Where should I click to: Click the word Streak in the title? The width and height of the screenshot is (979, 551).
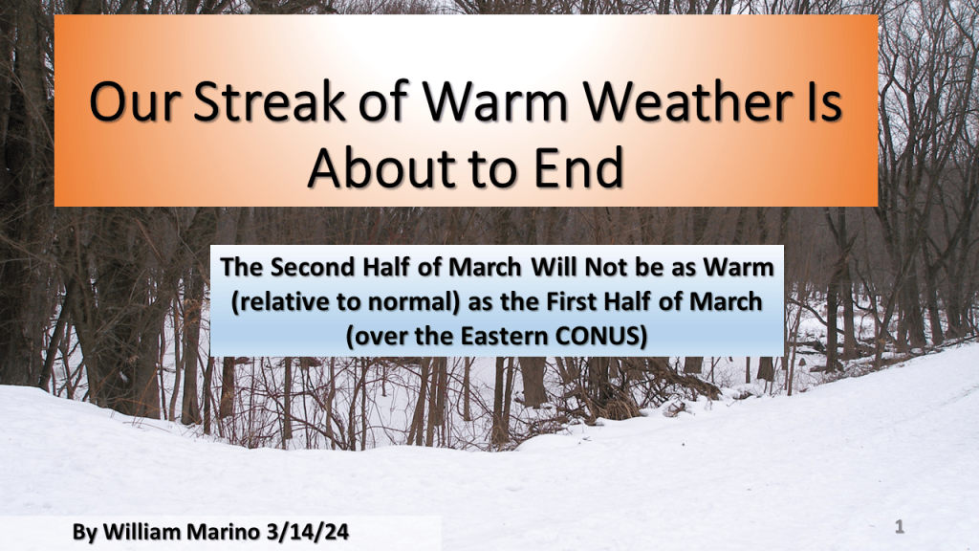(x=270, y=100)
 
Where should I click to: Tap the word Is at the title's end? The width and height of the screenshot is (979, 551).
(x=823, y=100)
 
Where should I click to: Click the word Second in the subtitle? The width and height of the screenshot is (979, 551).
(x=313, y=268)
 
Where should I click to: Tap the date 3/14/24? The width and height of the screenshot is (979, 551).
(x=307, y=532)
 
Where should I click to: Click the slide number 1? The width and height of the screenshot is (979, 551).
(x=900, y=527)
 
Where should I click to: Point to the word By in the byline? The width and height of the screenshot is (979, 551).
(x=85, y=532)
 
